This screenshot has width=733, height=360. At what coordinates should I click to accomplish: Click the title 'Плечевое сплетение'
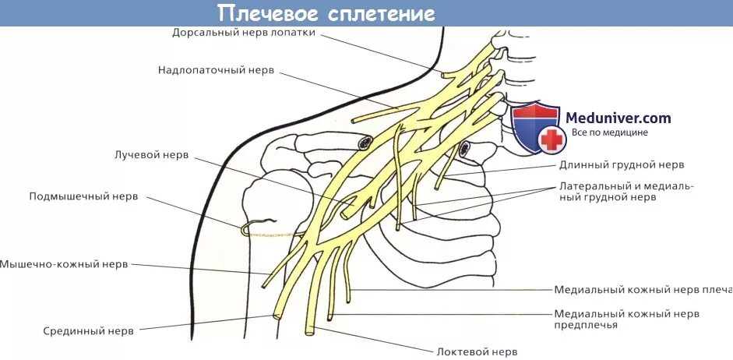tap(326, 13)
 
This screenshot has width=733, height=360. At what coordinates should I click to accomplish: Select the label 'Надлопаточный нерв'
tap(216, 69)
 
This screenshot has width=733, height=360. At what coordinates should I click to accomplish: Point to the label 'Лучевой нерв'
tap(151, 155)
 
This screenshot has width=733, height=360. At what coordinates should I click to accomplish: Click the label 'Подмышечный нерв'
tap(83, 196)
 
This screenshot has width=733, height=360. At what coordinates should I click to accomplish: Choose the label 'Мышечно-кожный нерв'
tap(64, 264)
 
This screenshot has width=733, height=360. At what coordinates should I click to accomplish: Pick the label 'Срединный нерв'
tap(88, 330)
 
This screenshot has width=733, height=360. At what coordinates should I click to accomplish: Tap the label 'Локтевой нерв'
tap(477, 351)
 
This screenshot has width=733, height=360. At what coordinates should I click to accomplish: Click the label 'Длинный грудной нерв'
tap(621, 164)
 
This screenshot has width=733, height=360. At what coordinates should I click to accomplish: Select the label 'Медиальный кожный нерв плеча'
tap(643, 289)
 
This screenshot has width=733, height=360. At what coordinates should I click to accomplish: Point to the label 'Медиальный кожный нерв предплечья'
tap(626, 319)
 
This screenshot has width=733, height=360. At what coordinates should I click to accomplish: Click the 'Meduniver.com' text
tap(618, 118)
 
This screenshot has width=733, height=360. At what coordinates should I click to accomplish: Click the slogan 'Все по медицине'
tap(609, 132)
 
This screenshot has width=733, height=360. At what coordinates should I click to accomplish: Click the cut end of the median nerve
tap(277, 316)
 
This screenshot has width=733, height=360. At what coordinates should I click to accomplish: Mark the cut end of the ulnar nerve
tap(310, 332)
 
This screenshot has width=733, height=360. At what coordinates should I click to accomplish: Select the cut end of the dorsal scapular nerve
tap(444, 75)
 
